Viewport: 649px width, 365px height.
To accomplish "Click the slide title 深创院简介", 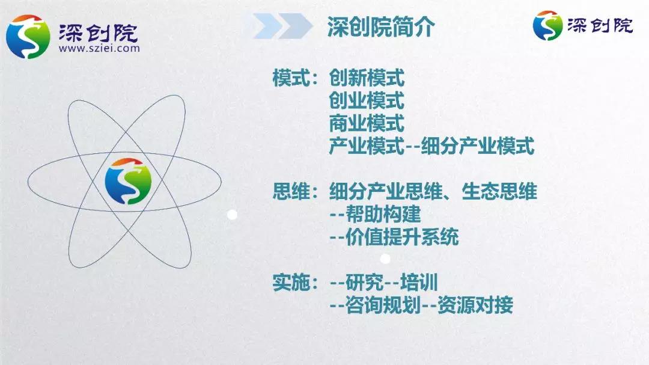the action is [381, 27].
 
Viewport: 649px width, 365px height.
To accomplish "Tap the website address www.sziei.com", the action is [99, 49].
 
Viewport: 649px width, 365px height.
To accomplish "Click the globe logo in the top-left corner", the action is [28, 37].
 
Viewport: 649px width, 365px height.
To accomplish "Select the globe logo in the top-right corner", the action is [547, 26].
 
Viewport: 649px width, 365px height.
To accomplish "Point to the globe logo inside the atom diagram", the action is [129, 181].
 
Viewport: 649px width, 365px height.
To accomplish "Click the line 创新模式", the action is [367, 78].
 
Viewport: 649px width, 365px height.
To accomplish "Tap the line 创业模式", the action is [367, 100].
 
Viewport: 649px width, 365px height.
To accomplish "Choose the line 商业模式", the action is [367, 123].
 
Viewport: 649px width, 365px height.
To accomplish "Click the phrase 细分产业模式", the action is [478, 146].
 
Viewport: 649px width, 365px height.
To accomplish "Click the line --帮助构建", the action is [375, 214].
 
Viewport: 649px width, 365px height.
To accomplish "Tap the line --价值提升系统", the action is [394, 237].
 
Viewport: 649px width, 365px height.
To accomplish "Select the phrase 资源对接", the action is [475, 305].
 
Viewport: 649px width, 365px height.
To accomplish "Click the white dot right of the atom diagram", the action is [232, 215].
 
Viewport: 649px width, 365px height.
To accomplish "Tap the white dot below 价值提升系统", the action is [385, 259].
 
